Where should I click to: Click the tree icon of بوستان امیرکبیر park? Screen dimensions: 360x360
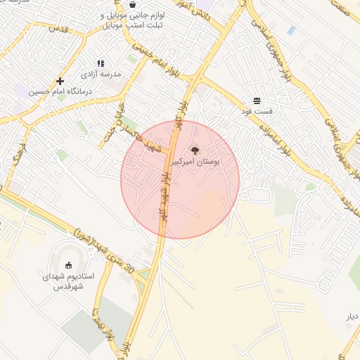(x=194, y=149)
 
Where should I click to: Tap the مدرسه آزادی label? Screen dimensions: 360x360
(x=101, y=74)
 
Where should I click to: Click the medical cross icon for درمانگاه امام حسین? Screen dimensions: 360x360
(x=60, y=81)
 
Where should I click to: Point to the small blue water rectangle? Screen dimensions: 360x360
(x=291, y=30)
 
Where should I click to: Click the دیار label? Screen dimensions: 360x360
(x=352, y=316)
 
